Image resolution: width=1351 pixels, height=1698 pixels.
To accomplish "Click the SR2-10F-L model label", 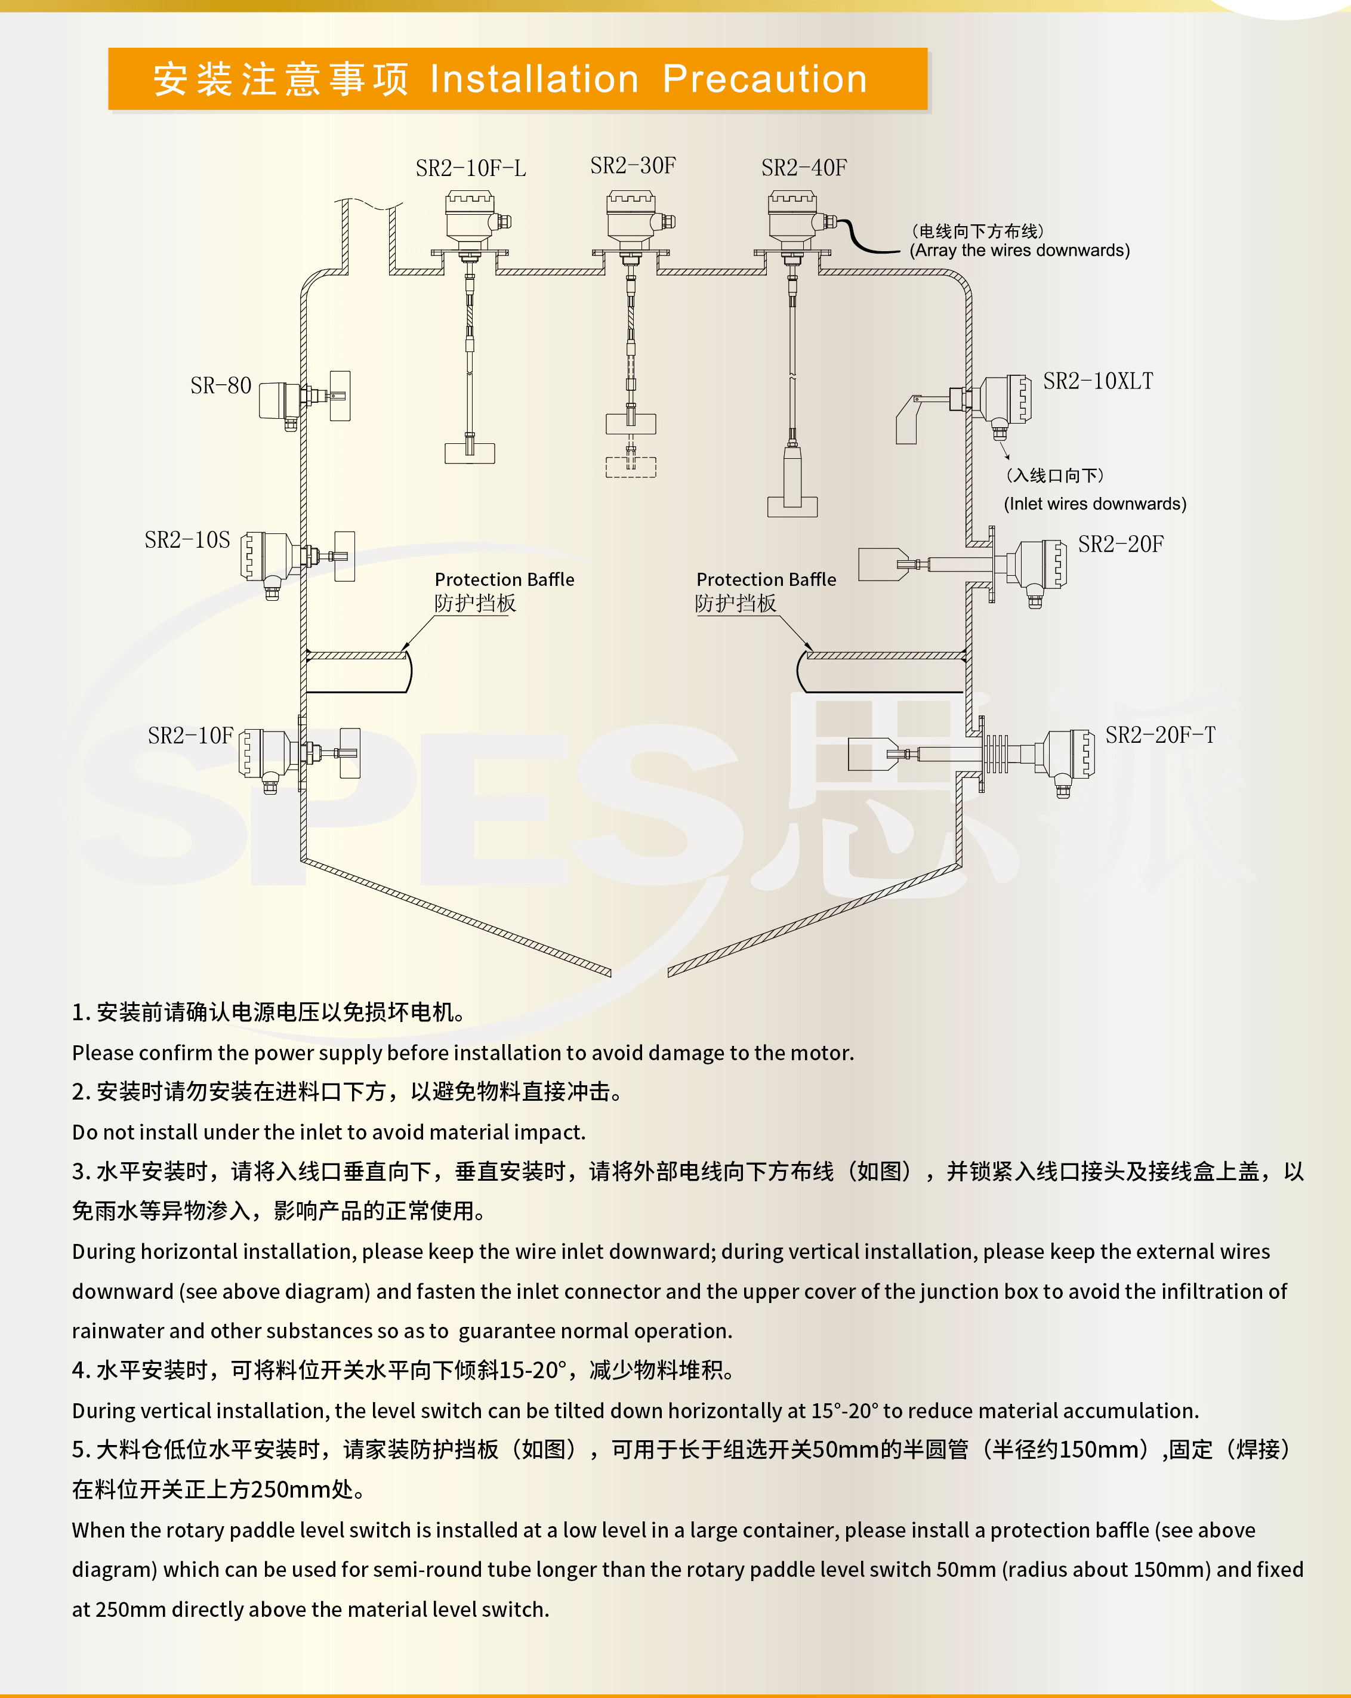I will [470, 168].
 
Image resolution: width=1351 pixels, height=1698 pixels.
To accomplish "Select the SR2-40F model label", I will [804, 168].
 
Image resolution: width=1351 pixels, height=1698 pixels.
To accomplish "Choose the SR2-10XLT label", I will [1097, 382].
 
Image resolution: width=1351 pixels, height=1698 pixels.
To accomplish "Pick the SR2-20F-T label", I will [1159, 736].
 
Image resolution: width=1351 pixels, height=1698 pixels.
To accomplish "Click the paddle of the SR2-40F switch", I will [792, 505].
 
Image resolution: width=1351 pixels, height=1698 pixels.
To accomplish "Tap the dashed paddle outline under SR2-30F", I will [630, 467].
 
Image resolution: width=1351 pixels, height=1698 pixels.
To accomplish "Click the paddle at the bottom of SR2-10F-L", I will [470, 453].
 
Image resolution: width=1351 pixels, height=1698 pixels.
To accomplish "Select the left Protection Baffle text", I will [504, 580].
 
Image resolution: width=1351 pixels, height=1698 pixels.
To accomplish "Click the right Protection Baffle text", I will [766, 580].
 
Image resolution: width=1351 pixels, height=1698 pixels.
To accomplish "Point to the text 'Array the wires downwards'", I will [1019, 251].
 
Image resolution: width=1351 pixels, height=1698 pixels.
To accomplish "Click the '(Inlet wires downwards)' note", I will [1094, 504].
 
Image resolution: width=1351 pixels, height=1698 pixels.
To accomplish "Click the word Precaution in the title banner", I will [764, 79].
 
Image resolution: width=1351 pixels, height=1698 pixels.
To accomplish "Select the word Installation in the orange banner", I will [534, 79].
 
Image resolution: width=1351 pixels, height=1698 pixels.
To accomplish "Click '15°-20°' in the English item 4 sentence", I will [844, 1410].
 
